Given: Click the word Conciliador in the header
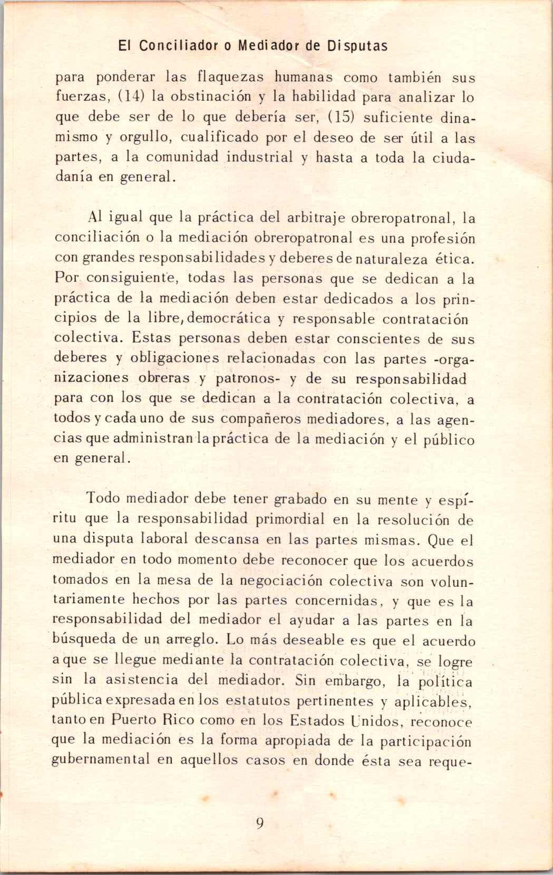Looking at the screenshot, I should coord(177,46).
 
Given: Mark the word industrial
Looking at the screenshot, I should coord(260,158).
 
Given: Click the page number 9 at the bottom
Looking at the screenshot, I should coord(259,823).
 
